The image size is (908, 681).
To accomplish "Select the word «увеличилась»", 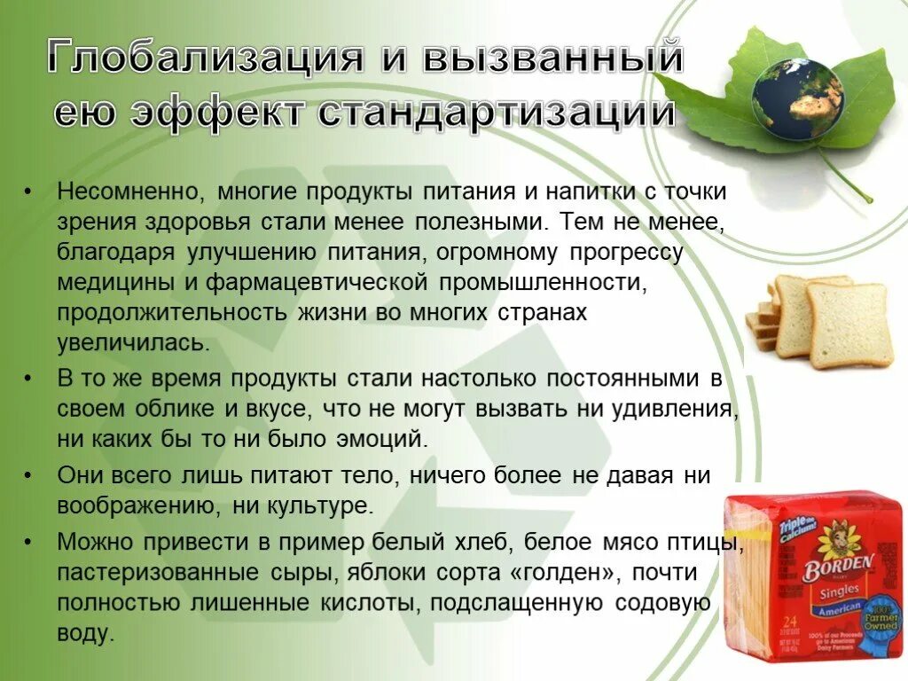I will [x=133, y=343].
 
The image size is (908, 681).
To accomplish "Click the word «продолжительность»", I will [x=172, y=314].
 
